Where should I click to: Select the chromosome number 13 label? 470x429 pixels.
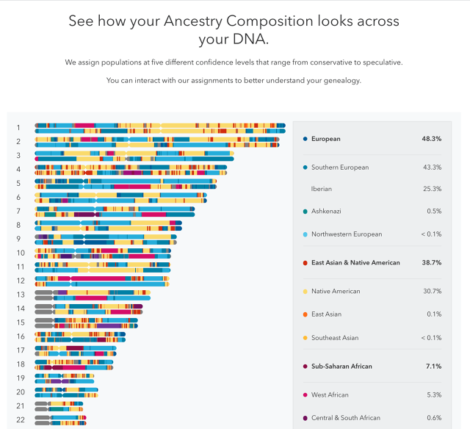21,294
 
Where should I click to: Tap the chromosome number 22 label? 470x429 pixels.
21,419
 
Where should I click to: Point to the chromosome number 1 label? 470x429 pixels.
18,128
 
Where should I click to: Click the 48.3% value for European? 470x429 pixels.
431,138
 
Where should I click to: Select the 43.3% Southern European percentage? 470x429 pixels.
431,167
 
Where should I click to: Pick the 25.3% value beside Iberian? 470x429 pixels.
431,189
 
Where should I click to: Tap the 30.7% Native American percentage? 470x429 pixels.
431,292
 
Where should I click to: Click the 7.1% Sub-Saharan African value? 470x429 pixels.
433,366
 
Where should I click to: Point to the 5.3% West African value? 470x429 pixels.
433,395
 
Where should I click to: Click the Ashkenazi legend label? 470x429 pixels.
327,212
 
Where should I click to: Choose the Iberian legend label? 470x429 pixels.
322,189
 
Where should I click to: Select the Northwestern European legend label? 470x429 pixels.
347,234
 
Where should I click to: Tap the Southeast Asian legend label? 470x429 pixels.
335,338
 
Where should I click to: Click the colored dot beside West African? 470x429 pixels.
305,395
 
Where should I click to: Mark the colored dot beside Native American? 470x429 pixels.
305,292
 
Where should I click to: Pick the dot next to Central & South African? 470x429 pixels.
305,418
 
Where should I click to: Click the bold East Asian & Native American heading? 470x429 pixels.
355,263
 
